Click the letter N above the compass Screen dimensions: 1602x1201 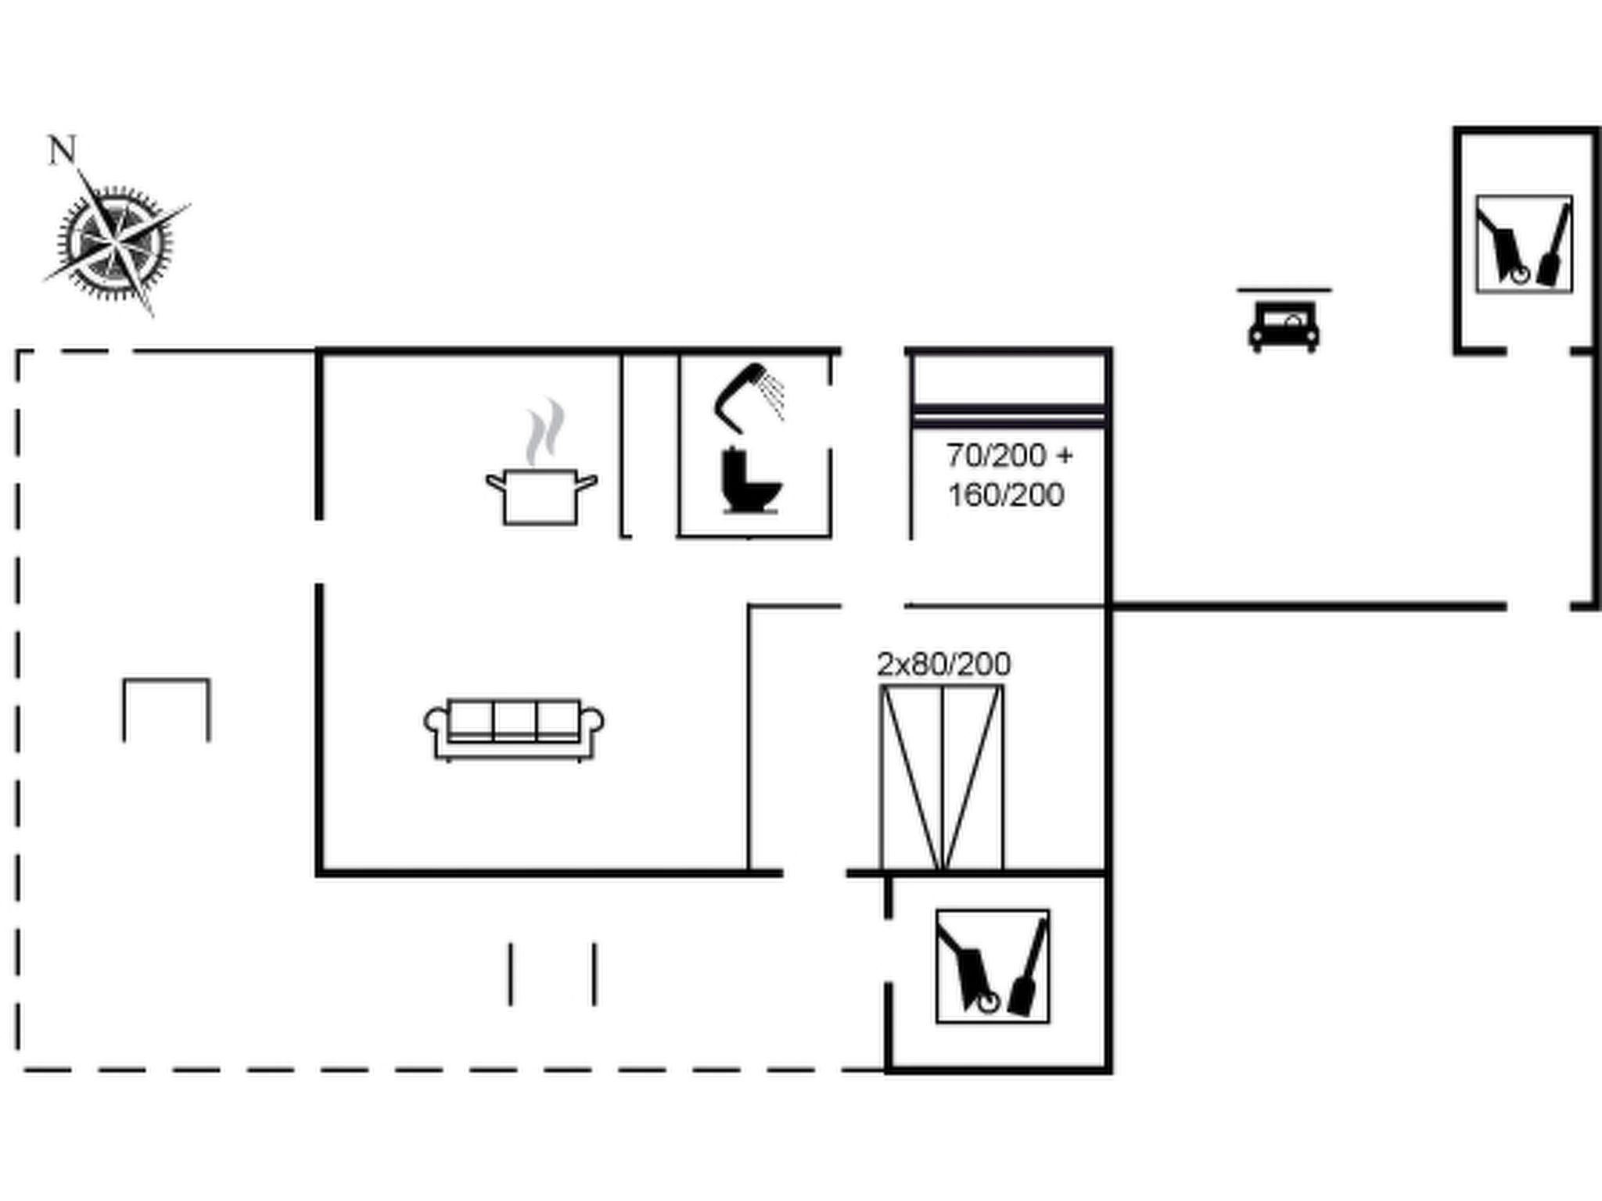pos(63,149)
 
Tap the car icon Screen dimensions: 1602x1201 pos(1284,327)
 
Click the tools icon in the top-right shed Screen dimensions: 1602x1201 pos(1524,244)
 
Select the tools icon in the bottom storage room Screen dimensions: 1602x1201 pos(993,966)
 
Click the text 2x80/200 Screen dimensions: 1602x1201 pos(943,664)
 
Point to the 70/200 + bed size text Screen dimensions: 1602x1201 pos(1009,455)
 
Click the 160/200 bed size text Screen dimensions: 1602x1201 pos(1006,495)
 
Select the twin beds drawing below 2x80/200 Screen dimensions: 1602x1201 pos(942,777)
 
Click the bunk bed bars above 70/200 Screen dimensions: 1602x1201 pos(1009,415)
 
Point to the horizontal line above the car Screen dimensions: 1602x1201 pos(1284,290)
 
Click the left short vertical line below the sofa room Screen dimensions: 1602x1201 pos(511,973)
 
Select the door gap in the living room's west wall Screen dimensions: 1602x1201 pos(319,551)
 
